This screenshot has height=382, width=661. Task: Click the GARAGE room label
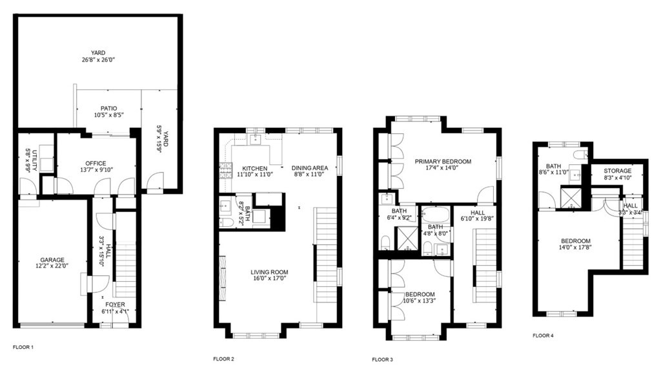(x=53, y=260)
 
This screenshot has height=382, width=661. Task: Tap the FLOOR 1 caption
(x=23, y=347)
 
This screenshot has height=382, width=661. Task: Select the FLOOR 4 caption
(x=543, y=335)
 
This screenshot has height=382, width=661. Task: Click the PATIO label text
(x=108, y=109)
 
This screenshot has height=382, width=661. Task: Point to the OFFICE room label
(x=96, y=163)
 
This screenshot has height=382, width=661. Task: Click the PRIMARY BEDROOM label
(x=443, y=162)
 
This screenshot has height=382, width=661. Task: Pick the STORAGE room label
(x=618, y=171)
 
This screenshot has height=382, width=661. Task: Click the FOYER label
(x=115, y=304)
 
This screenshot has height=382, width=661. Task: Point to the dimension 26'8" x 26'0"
(x=98, y=60)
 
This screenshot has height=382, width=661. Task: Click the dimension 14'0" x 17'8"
(x=575, y=246)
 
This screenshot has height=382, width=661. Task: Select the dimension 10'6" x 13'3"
(x=419, y=301)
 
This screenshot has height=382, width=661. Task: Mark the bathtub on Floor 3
(x=436, y=215)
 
